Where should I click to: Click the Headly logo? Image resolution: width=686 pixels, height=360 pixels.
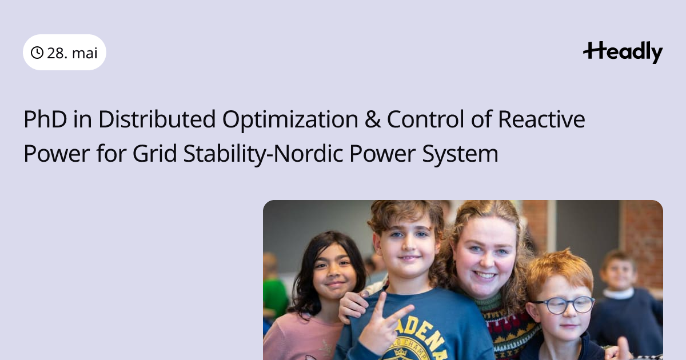623,53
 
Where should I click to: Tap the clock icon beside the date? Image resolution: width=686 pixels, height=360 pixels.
37,53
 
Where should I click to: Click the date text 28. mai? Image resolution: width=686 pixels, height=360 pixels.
72,53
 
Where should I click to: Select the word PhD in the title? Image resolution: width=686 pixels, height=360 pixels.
45,119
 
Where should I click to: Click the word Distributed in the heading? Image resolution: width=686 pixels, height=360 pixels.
157,119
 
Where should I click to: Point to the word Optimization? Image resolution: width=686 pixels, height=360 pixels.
290,120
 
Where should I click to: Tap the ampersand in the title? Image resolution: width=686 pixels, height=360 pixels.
372,119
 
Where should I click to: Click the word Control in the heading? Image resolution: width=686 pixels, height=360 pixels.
425,119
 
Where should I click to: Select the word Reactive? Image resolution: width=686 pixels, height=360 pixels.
541,119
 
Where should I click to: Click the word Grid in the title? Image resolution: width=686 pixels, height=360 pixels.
155,153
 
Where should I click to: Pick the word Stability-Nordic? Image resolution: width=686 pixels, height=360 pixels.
263,154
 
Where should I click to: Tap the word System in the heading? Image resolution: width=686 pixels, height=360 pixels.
460,154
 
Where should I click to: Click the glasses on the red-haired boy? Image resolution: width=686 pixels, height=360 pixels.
563,305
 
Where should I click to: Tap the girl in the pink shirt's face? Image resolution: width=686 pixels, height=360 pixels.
333,273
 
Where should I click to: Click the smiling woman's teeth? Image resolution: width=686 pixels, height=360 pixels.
485,275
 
